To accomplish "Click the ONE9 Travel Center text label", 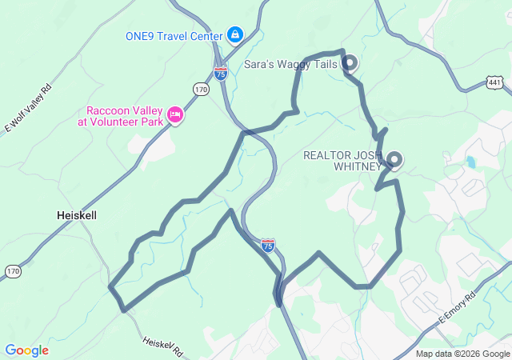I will (x=174, y=35).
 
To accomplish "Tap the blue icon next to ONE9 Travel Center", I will (x=235, y=34).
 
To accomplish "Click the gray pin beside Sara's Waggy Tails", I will (x=350, y=62).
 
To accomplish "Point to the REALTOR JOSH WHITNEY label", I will (x=342, y=161).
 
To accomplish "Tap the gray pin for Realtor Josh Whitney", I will (x=394, y=158).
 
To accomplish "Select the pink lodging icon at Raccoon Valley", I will (x=175, y=117).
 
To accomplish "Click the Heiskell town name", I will (x=77, y=215).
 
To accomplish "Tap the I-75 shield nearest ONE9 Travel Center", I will (x=221, y=74).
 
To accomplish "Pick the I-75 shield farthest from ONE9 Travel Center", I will (x=268, y=245).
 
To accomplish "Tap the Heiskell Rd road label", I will (x=163, y=346).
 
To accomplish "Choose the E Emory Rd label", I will (x=455, y=307).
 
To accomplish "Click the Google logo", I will (x=26, y=350).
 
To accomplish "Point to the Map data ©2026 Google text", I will (x=462, y=354).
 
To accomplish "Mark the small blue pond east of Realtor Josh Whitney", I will (x=470, y=162).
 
